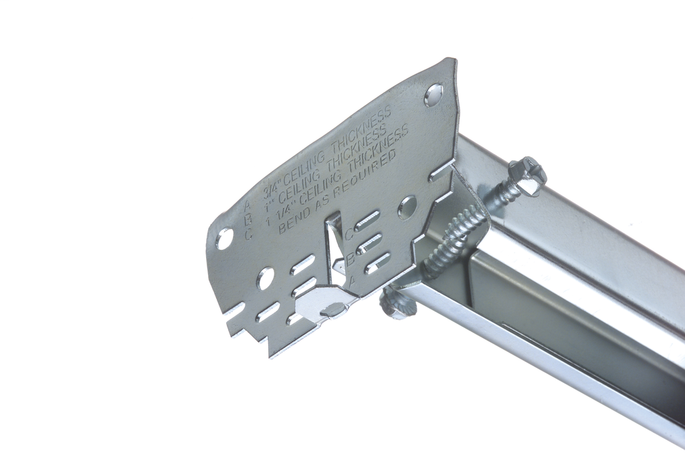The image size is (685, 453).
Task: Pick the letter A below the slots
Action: pyautogui.click(x=355, y=281)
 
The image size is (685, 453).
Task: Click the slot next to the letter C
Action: pyautogui.click(x=369, y=221)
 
